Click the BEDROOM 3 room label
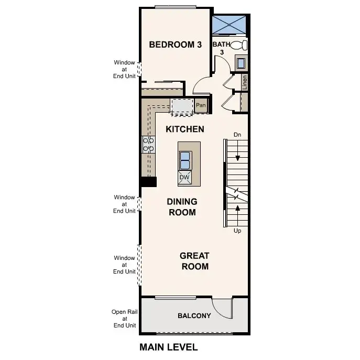point(175,45)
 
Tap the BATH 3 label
point(221,48)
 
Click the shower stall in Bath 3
point(230,25)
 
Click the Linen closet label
point(245,82)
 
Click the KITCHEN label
point(185,129)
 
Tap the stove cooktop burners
point(148,144)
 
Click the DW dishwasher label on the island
point(184,178)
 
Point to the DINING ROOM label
point(182,207)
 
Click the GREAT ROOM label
point(194,261)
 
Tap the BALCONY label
point(194,316)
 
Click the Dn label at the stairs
point(237,135)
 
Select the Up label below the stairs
point(237,231)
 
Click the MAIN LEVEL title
point(168,347)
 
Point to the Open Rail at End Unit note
point(125,318)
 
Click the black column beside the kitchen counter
point(148,182)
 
